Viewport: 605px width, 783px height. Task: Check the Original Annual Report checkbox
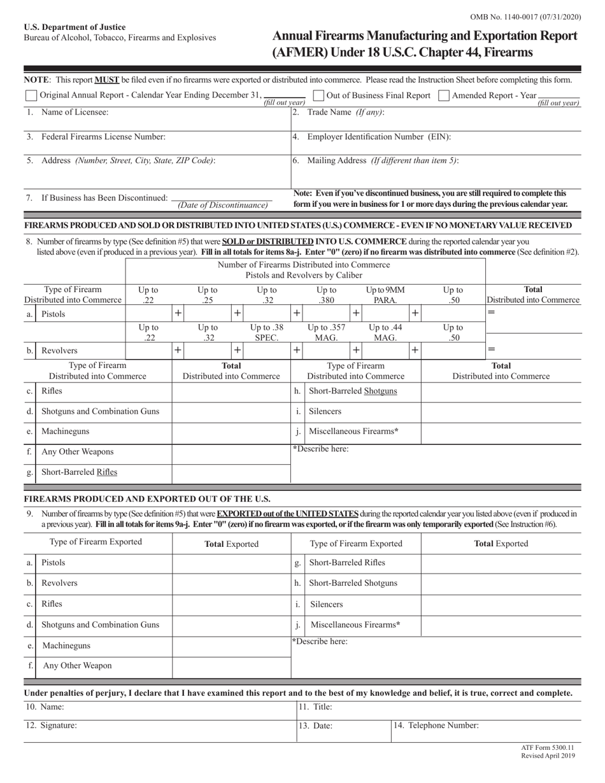click(31, 95)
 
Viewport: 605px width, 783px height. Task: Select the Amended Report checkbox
click(445, 95)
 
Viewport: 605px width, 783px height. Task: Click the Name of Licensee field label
click(74, 112)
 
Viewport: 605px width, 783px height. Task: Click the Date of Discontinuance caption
click(222, 205)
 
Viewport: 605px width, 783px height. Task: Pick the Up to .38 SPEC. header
click(266, 332)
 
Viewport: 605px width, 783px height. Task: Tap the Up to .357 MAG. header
click(326, 332)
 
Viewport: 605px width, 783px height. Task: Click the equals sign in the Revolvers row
click(491, 349)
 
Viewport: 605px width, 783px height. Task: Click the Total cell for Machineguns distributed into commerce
click(231, 432)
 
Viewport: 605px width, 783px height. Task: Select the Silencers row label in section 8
click(325, 411)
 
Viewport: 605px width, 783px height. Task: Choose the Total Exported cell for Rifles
click(231, 604)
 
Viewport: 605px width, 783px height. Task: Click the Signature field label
click(58, 725)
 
